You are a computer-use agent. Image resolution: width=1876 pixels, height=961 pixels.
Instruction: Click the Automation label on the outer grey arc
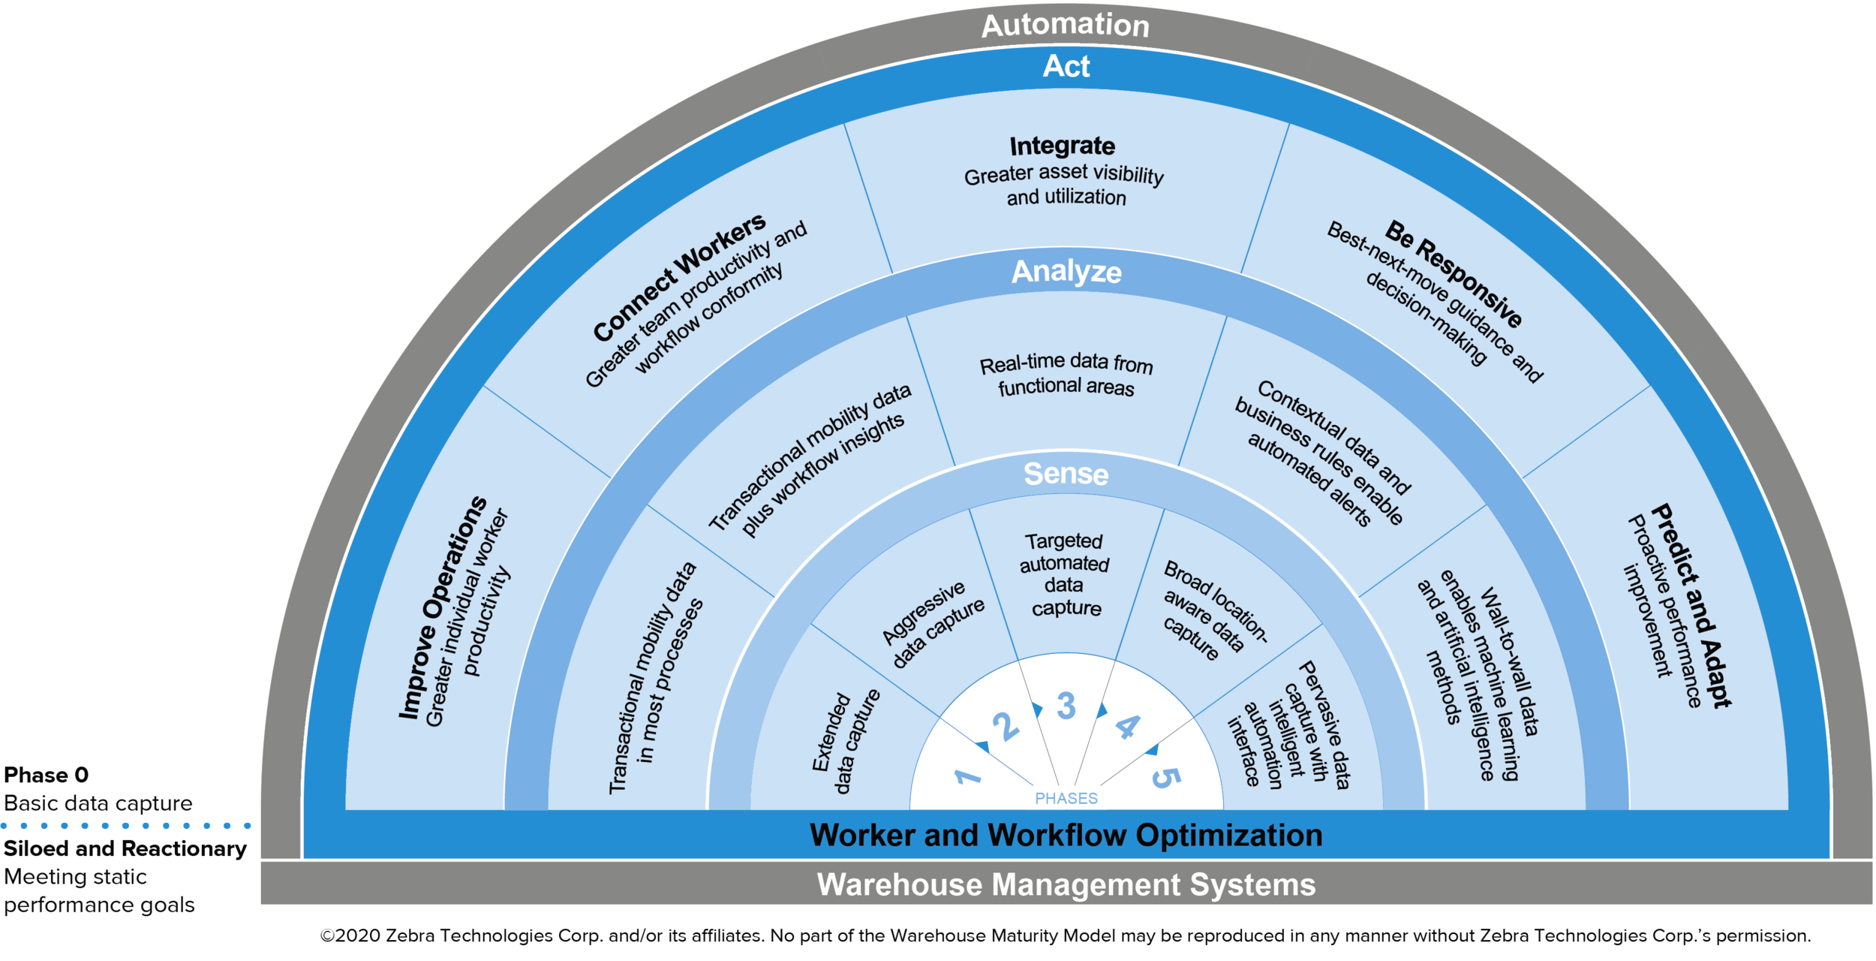[1065, 26]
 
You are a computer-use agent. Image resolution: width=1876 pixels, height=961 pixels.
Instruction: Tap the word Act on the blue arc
[1066, 66]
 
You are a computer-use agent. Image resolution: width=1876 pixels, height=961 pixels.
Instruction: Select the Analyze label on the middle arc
[1066, 271]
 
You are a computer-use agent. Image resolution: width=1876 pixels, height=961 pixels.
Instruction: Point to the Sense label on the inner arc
[1066, 474]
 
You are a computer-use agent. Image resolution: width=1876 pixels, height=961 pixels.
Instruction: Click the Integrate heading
[1062, 146]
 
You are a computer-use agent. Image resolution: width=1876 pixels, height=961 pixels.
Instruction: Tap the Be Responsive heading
[1454, 273]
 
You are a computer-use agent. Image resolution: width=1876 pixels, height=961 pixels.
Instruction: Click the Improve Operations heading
[443, 608]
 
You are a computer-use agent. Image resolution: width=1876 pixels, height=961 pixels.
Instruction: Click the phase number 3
[1066, 706]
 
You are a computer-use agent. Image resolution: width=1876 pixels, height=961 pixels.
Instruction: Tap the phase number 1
[967, 776]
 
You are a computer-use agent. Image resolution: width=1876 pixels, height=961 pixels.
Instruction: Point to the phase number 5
[1165, 778]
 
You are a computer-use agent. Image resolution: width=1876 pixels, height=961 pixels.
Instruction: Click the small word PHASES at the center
[1066, 799]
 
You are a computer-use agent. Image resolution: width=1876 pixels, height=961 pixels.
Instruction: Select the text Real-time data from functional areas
[1066, 375]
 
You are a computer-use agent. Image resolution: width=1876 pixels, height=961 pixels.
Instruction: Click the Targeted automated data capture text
[1065, 574]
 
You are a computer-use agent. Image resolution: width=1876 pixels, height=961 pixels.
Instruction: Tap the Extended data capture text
[845, 742]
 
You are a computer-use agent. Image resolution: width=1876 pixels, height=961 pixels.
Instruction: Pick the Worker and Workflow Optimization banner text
[1066, 835]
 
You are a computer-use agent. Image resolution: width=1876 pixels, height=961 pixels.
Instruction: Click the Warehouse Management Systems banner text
[1066, 884]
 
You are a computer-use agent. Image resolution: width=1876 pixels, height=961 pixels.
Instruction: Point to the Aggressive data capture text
[933, 625]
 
